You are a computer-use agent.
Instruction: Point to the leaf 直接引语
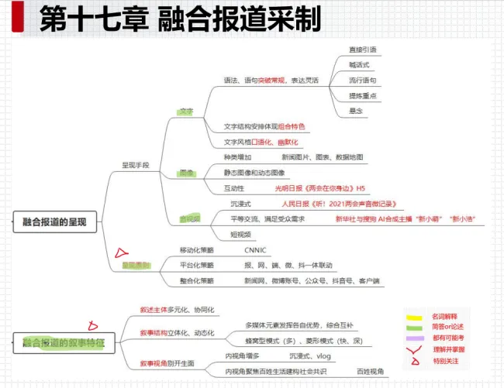[x=362, y=50]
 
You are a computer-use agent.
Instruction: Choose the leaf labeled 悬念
[x=356, y=111]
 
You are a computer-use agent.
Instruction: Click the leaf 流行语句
[x=362, y=80]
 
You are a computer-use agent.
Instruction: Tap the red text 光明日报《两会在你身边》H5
[x=319, y=188]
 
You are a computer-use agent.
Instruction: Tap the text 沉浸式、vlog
[x=309, y=356]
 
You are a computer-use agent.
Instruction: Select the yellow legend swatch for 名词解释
[x=414, y=316]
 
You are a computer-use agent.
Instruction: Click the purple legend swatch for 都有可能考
[x=414, y=338]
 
